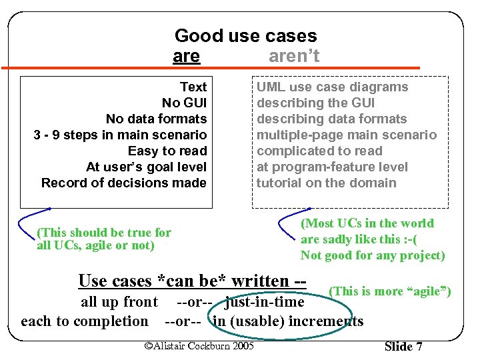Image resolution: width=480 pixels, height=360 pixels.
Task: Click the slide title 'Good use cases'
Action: [x=245, y=36]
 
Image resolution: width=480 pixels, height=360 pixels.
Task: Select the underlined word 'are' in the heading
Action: [x=186, y=57]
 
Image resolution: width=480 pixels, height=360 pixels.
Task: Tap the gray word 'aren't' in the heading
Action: [x=294, y=57]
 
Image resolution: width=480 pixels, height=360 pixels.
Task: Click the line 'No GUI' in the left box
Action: [x=184, y=103]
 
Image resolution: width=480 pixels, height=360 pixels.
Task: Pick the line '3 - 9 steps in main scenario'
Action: [x=120, y=135]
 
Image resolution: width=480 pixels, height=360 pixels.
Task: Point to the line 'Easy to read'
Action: [x=167, y=151]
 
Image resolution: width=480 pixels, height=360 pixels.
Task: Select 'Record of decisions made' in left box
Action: [x=123, y=183]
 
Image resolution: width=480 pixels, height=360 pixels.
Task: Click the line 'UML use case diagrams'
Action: [x=332, y=87]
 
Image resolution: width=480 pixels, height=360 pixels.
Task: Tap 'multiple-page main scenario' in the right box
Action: [x=347, y=135]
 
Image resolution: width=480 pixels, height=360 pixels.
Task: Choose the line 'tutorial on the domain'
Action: [x=326, y=183]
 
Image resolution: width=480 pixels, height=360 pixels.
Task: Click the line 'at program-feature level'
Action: [x=332, y=167]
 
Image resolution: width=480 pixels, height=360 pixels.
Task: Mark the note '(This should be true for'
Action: [x=105, y=233]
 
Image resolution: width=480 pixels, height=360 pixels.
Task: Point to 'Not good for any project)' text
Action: [x=372, y=255]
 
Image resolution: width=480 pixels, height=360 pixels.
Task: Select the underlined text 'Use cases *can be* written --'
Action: [x=192, y=281]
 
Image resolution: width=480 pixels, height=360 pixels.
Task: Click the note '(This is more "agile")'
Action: [x=390, y=291]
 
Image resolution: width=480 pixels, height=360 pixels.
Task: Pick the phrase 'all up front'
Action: [x=119, y=303]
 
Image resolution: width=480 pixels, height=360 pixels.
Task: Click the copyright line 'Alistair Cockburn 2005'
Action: [x=199, y=345]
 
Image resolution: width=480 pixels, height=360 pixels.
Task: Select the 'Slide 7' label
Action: [x=403, y=346]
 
